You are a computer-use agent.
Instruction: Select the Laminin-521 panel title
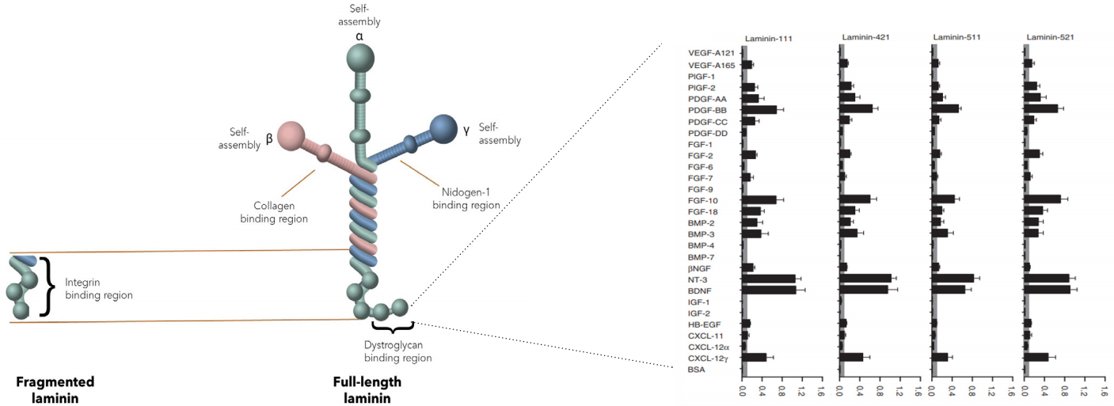tap(1050, 38)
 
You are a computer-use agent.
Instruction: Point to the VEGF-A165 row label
tap(708, 65)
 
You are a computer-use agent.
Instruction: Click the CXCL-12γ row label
tap(708, 358)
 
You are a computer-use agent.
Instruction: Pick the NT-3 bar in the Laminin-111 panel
tap(769, 279)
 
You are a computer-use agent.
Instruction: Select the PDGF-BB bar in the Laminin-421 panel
tap(856, 109)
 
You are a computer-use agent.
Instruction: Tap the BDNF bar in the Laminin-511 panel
tap(948, 290)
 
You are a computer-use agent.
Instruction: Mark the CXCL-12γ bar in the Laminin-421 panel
tap(851, 357)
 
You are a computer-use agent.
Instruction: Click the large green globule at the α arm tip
tap(361, 58)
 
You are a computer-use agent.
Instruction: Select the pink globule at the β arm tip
tap(291, 135)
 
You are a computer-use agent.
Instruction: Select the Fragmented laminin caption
tap(55, 389)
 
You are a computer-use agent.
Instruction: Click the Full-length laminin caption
tap(367, 389)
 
